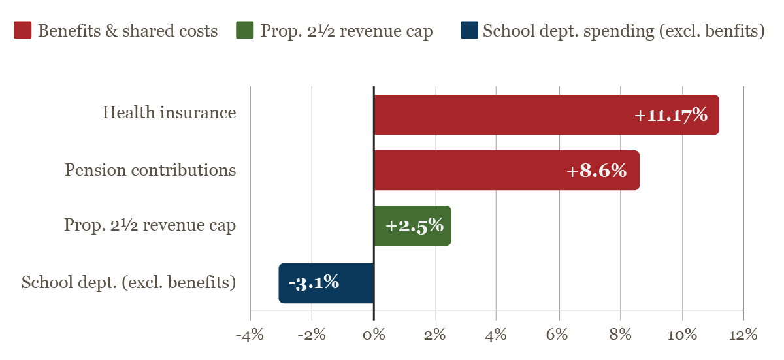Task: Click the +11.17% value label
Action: [x=671, y=115]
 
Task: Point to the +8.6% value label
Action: [x=596, y=171]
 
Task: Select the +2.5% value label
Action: [x=414, y=226]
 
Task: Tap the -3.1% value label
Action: [x=314, y=283]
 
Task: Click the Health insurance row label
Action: [x=169, y=113]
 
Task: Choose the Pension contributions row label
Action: [x=150, y=171]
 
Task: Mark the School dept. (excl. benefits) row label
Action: [x=129, y=283]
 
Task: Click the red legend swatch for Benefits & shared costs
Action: [x=23, y=31]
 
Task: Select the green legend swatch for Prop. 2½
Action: [x=244, y=31]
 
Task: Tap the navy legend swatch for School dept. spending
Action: [x=469, y=31]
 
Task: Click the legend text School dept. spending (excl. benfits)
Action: [x=623, y=31]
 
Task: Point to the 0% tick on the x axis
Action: [x=374, y=335]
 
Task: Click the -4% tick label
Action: [x=250, y=335]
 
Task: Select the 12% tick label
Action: [x=743, y=335]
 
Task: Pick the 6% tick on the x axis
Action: [x=558, y=335]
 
